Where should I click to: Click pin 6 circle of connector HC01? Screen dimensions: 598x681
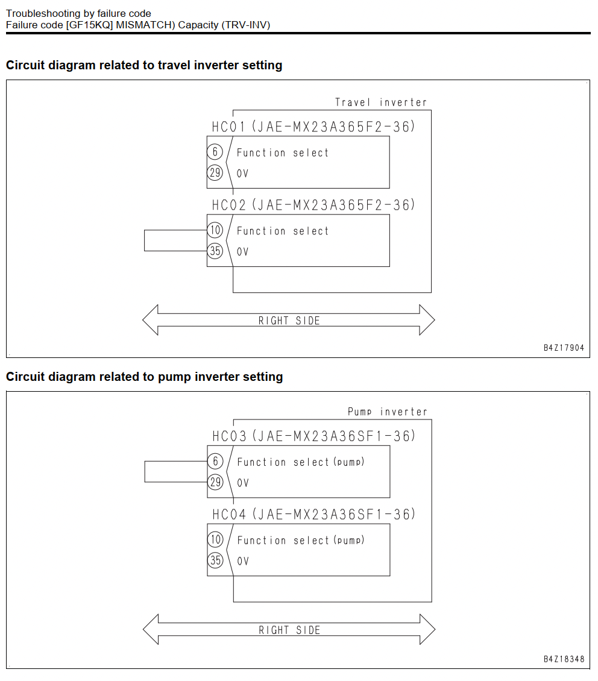pyautogui.click(x=215, y=152)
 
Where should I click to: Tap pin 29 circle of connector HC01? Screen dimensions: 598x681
pyautogui.click(x=215, y=173)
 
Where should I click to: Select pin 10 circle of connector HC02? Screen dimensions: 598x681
pyautogui.click(x=215, y=230)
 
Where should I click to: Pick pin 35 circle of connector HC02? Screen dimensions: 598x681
pyautogui.click(x=215, y=251)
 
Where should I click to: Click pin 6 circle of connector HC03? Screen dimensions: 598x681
pyautogui.click(x=215, y=461)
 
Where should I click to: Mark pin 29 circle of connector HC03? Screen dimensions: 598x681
pyautogui.click(x=215, y=482)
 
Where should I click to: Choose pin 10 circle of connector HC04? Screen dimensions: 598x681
pyautogui.click(x=215, y=539)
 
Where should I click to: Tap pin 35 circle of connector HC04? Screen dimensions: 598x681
pyautogui.click(x=215, y=560)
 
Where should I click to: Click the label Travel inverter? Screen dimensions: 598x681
pyautogui.click(x=381, y=102)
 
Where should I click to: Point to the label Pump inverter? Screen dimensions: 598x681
pyautogui.click(x=388, y=412)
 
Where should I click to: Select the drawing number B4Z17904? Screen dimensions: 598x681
pyautogui.click(x=564, y=348)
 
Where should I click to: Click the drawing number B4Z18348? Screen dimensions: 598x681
pyautogui.click(x=564, y=659)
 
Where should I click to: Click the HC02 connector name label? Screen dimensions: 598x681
pyautogui.click(x=229, y=205)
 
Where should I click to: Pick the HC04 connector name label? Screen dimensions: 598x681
pyautogui.click(x=229, y=515)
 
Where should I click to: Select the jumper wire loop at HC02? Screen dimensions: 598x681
pyautogui.click(x=145, y=240)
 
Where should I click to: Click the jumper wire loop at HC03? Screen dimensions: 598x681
pyautogui.click(x=145, y=472)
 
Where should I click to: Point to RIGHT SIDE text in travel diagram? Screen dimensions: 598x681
pyautogui.click(x=289, y=321)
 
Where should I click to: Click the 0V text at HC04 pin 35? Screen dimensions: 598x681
pyautogui.click(x=243, y=562)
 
